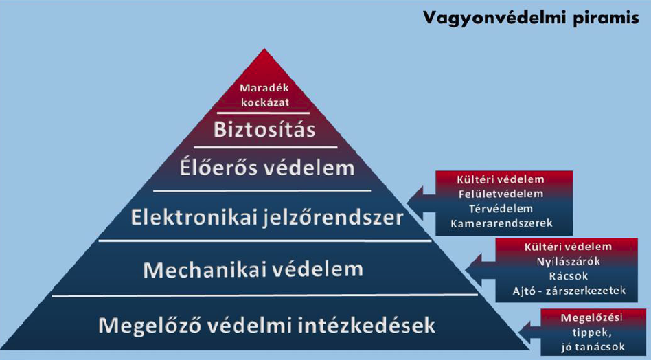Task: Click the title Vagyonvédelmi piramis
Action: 531,19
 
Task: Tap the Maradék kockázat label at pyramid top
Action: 264,95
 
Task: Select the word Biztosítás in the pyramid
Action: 264,130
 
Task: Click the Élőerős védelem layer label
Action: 267,168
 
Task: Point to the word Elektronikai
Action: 195,217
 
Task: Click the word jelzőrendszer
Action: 334,218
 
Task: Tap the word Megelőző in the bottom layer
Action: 150,325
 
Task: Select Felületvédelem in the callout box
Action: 501,194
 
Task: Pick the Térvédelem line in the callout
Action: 501,208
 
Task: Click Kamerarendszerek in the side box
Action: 501,223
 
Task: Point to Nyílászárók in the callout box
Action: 568,262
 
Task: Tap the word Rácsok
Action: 568,276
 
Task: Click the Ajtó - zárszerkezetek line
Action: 569,291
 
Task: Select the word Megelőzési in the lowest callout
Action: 592,318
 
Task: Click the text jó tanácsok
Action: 593,347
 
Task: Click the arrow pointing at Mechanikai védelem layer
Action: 481,270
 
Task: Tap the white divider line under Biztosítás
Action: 265,147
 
